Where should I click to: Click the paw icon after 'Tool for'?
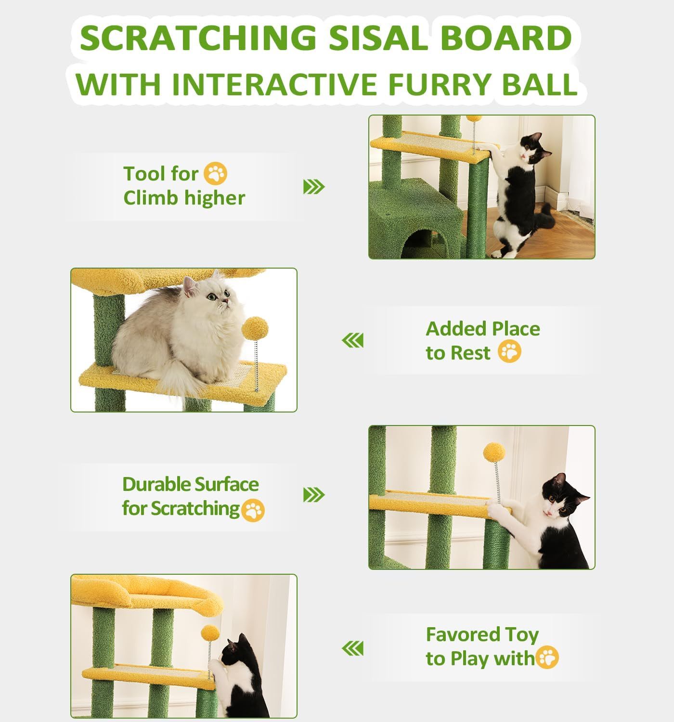pyautogui.click(x=215, y=174)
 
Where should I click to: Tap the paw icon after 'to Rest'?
pyautogui.click(x=509, y=352)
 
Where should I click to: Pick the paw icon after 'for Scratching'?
pyautogui.click(x=253, y=510)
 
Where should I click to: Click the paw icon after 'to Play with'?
pyautogui.click(x=547, y=658)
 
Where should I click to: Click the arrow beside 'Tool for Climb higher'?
pyautogui.click(x=314, y=187)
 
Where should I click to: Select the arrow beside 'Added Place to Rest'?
pyautogui.click(x=352, y=341)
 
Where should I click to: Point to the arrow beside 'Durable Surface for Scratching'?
pyautogui.click(x=314, y=495)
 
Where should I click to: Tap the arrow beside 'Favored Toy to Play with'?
pyautogui.click(x=352, y=648)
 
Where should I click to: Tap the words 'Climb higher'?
pyautogui.click(x=184, y=198)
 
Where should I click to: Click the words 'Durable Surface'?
pyautogui.click(x=190, y=484)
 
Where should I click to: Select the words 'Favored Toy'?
pyautogui.click(x=482, y=634)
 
